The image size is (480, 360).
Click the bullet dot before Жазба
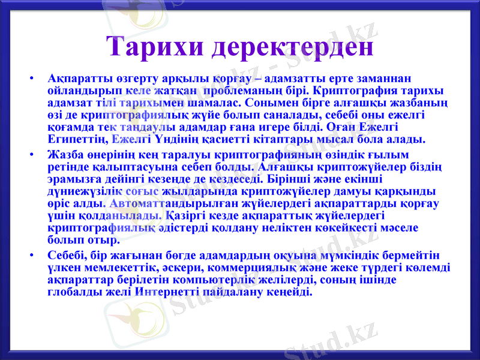[x=38, y=155]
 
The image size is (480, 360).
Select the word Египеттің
[x=77, y=140]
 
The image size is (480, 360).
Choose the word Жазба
[x=65, y=154]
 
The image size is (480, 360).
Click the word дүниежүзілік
[x=86, y=191]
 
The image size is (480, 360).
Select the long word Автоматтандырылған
[x=166, y=203]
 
